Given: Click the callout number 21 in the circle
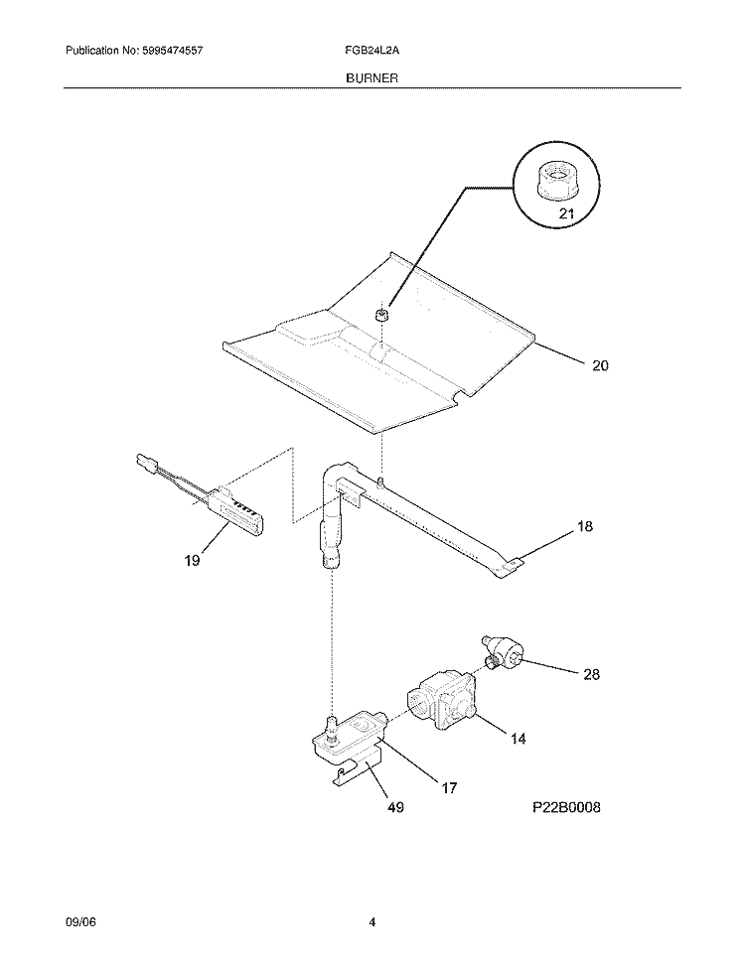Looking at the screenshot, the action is tap(566, 213).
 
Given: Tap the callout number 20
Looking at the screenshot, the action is tap(600, 365).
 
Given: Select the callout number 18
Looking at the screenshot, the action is tap(584, 526).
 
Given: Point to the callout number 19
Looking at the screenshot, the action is tap(192, 560).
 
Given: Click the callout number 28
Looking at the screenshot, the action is tap(591, 674).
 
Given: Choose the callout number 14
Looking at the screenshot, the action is tap(519, 738).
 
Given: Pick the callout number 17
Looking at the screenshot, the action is tap(449, 787).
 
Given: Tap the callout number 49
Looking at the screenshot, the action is tap(395, 806).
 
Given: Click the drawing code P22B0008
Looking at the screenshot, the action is tap(566, 806).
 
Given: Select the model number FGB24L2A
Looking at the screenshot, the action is tap(372, 51).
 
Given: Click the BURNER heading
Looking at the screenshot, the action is tap(372, 78).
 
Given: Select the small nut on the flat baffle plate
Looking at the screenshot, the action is tap(382, 316).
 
